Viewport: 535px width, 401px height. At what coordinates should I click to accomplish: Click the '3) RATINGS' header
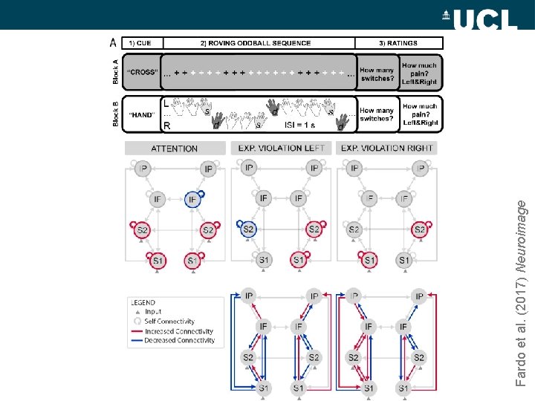398,44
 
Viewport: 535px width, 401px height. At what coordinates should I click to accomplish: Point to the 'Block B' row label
114,114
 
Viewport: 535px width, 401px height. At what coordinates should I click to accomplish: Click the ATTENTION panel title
175,149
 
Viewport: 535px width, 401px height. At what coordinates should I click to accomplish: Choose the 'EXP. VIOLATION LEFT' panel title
281,149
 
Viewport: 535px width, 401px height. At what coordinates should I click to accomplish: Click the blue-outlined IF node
192,198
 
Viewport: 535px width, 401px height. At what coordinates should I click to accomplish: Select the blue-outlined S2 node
249,229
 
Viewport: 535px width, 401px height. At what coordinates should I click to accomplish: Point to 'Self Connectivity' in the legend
170,322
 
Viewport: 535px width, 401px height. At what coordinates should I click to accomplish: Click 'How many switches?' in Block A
377,74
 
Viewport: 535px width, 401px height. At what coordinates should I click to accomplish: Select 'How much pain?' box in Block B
420,115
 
